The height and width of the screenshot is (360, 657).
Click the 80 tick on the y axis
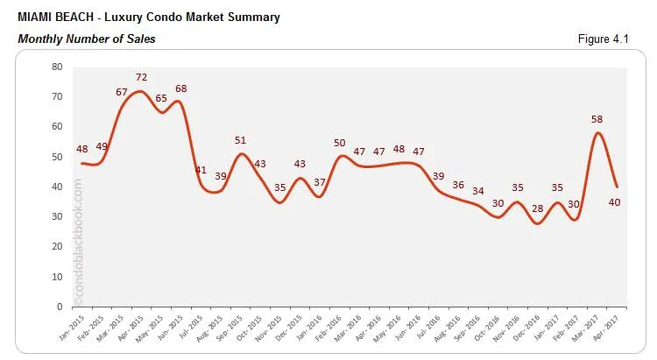coord(56,67)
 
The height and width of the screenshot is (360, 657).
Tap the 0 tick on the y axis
coord(59,307)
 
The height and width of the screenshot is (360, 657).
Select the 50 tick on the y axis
coord(56,157)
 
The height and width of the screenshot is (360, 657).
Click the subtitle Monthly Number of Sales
coord(86,39)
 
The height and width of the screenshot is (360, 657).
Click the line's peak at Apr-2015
coord(141,91)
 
